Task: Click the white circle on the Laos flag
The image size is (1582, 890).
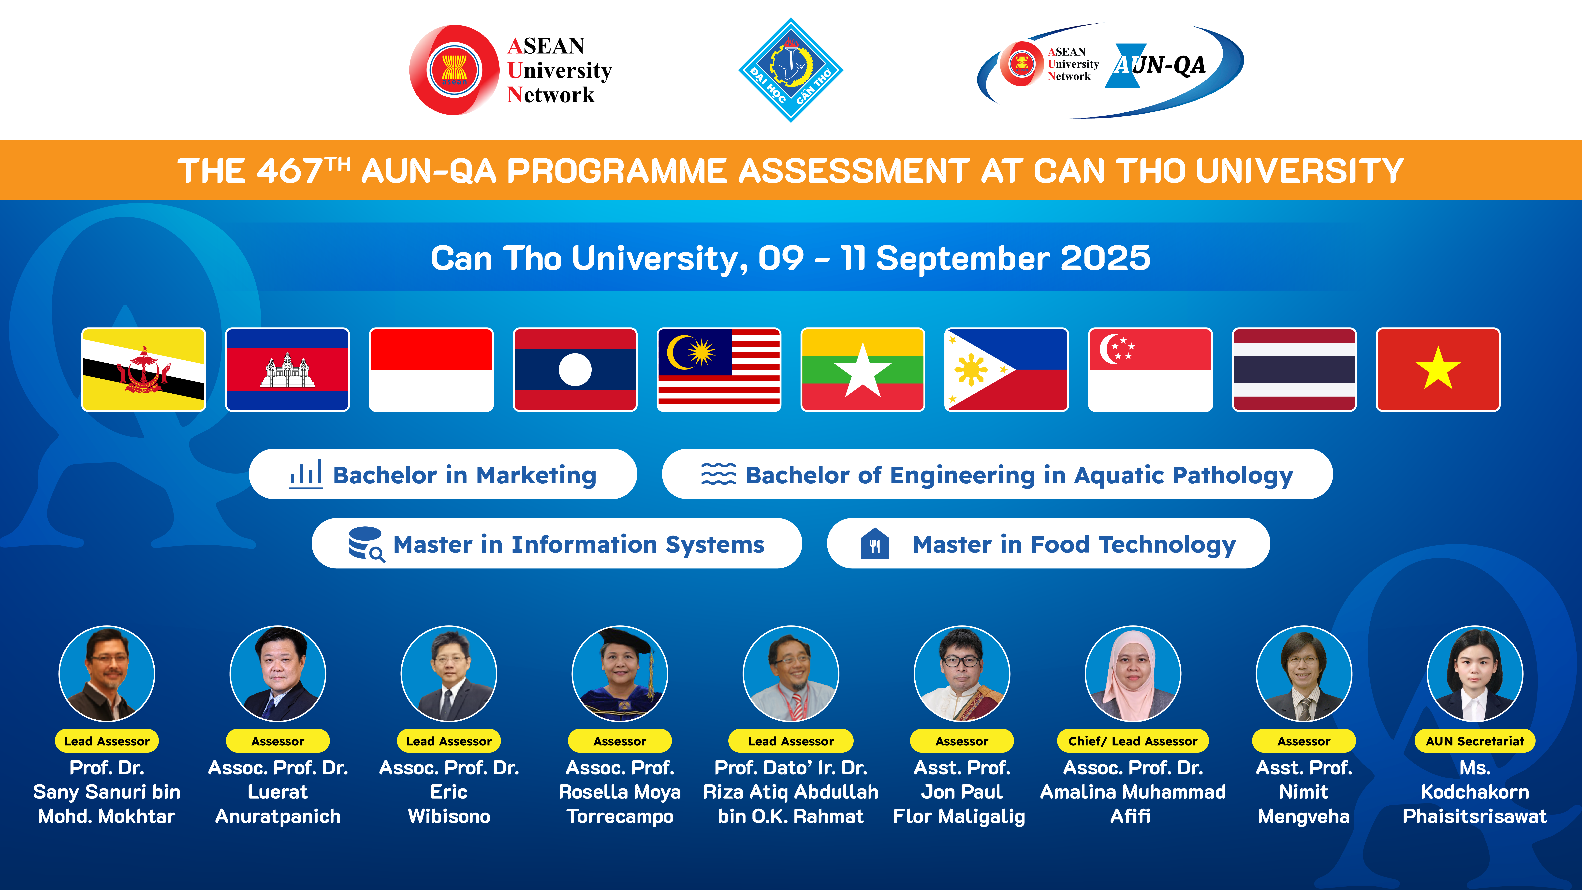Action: pos(575,370)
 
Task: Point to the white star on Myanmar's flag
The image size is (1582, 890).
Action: pos(863,371)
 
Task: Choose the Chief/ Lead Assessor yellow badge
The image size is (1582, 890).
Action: pos(1132,741)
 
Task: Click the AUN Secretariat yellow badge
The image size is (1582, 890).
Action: pos(1475,741)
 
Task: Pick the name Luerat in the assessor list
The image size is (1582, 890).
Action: pos(278,792)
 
